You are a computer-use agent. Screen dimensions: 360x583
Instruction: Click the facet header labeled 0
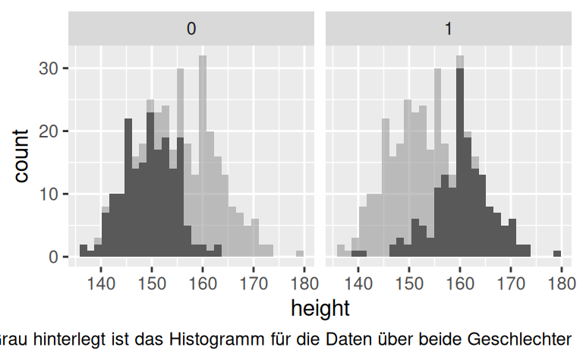[192, 29]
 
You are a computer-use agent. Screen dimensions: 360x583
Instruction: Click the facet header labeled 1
[448, 29]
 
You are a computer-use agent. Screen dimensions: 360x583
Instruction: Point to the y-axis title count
[20, 156]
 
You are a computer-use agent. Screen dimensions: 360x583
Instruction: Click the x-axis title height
[320, 308]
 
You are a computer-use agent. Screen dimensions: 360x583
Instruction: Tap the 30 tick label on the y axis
[48, 68]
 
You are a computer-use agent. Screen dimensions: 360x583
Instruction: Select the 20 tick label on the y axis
[48, 131]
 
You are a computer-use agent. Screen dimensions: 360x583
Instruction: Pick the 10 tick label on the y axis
[48, 194]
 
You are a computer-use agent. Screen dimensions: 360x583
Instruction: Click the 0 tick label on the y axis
[52, 257]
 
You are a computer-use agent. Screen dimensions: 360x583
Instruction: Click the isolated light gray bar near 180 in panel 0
[300, 254]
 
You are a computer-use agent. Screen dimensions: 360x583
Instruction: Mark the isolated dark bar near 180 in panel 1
[557, 254]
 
